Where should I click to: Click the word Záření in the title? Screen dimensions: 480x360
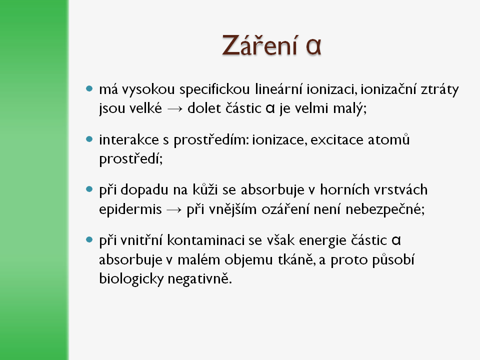click(260, 45)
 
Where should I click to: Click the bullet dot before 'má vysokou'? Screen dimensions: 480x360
click(89, 89)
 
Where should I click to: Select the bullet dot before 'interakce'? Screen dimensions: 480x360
click(89, 139)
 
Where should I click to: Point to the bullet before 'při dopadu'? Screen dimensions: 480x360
click(89, 189)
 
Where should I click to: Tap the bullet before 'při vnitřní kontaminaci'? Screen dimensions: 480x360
click(89, 239)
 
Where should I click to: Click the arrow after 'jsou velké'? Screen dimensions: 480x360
click(175, 109)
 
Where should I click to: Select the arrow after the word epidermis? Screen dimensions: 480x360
click(174, 210)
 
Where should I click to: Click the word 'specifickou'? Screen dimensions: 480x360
click(214, 89)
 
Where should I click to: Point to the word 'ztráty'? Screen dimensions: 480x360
click(439, 89)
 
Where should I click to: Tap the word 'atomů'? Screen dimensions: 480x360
click(389, 139)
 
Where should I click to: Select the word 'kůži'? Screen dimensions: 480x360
click(205, 189)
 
